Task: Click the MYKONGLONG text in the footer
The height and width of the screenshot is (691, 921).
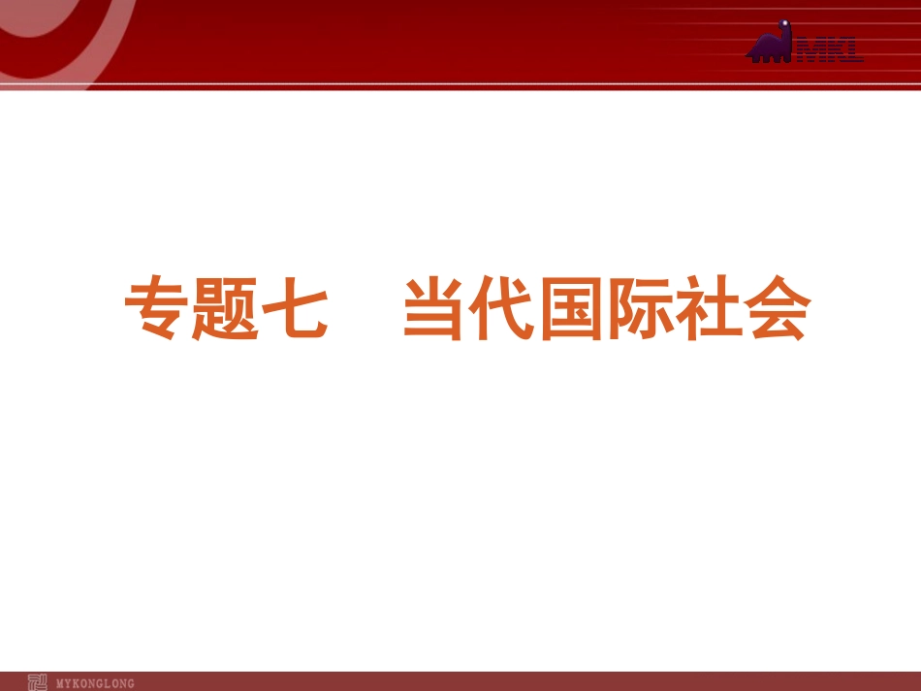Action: (96, 683)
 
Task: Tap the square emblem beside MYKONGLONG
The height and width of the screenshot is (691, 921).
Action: (38, 682)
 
